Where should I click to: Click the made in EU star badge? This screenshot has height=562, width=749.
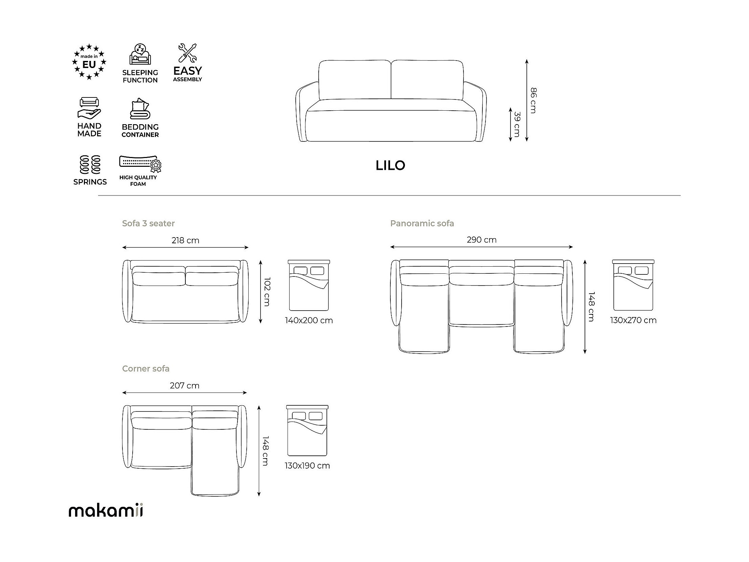point(89,62)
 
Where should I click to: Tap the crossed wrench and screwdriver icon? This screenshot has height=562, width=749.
point(187,53)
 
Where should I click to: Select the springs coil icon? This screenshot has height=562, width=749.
point(90,165)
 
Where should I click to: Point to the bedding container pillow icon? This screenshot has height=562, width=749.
point(140,108)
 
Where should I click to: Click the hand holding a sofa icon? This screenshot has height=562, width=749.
point(89,108)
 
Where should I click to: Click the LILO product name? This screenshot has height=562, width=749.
point(390,165)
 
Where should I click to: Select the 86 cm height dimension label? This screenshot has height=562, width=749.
point(533,100)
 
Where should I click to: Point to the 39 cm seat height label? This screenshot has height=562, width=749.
point(517,124)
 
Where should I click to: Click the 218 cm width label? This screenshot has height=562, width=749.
point(185,240)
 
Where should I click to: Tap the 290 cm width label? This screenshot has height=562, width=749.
point(481,240)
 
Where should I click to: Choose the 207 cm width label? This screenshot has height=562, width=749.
point(184,385)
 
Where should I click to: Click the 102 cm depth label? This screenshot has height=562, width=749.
point(267,292)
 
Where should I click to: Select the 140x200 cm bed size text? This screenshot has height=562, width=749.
point(309,320)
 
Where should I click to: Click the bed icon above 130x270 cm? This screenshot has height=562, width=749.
point(633,285)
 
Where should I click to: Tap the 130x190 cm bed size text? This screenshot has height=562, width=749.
point(307,466)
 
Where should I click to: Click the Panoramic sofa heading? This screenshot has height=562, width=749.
point(422,223)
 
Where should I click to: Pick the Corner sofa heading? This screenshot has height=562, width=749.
point(145,368)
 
